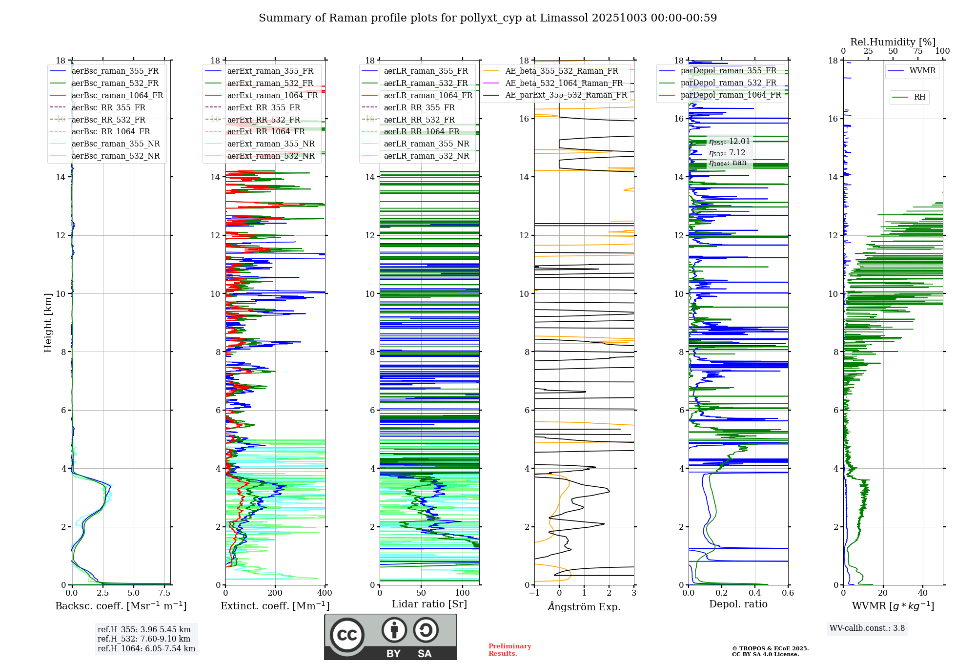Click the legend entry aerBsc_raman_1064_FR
click(117, 96)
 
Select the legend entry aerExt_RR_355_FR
click(264, 108)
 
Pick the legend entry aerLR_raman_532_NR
click(426, 156)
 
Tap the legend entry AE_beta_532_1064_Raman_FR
click(564, 83)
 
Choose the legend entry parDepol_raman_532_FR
click(728, 83)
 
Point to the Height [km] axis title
click(48, 322)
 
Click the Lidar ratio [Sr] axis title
click(429, 604)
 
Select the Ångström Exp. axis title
click(584, 607)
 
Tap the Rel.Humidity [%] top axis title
click(893, 42)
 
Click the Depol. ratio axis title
click(738, 604)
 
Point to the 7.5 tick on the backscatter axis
click(164, 593)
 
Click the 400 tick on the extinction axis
click(325, 593)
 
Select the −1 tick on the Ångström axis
click(534, 593)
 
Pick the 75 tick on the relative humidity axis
click(918, 51)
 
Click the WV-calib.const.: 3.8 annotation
click(867, 628)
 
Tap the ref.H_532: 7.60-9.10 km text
click(144, 639)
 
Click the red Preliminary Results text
click(509, 650)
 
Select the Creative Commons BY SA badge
click(390, 637)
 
